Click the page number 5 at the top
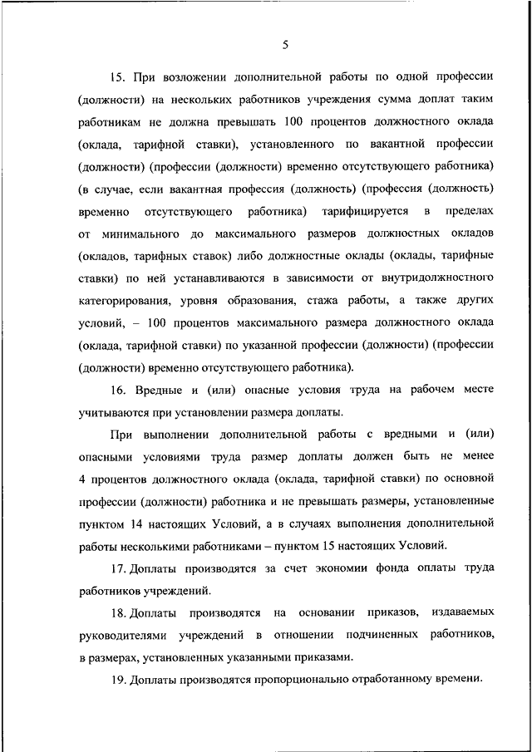pos(284,44)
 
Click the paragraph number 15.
pos(116,77)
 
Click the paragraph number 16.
pos(116,390)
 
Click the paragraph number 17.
pos(116,568)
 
